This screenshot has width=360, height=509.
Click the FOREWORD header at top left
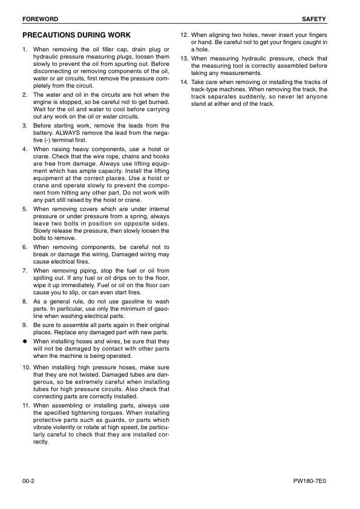37,19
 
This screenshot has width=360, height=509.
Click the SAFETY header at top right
315,19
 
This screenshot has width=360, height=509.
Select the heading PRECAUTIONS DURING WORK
76,36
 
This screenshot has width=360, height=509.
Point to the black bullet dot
25,342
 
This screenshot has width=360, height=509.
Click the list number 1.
24,48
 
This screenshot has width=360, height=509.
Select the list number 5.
24,209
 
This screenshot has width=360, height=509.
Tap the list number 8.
24,301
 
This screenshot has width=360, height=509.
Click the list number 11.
26,405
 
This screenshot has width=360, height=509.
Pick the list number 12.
185,36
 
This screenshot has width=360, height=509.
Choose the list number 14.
185,82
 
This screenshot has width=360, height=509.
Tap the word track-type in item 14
206,89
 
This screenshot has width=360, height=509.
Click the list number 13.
185,59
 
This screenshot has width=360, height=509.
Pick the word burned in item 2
155,102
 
